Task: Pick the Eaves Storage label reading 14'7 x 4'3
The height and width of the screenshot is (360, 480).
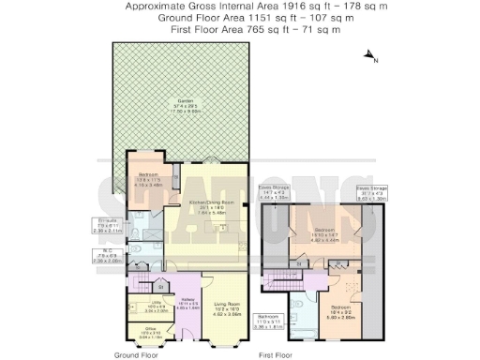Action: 274,194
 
